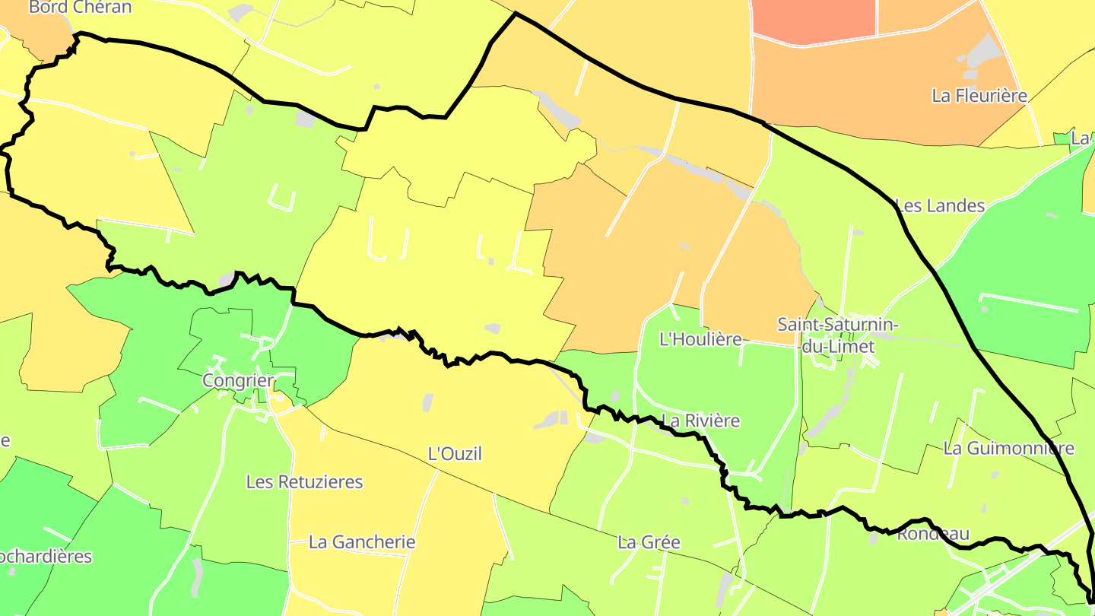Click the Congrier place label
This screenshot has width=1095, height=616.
pos(238,380)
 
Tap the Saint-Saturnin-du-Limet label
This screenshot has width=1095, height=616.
pos(837,335)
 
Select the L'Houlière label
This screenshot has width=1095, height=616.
pos(700,339)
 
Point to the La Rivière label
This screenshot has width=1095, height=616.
pos(700,421)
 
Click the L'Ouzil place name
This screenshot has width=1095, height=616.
pos(455,454)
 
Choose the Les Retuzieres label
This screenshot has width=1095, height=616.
pos(304,482)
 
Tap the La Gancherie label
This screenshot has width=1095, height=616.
pos(362,542)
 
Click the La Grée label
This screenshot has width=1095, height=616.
pos(649,542)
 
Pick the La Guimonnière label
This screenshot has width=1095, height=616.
pos(1008,449)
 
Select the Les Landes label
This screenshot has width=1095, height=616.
pos(940,205)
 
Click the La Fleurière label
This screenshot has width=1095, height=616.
pos(979,96)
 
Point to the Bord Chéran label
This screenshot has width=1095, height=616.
pos(80,8)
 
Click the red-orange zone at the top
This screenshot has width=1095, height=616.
pos(814,19)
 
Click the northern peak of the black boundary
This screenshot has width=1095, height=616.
pos(515,13)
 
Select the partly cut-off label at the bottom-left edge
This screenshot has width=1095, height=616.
pos(46,556)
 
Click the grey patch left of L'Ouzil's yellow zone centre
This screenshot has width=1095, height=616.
pos(427,402)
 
